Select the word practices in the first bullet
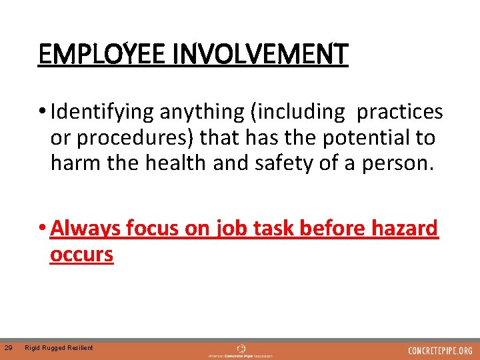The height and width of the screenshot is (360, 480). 400,112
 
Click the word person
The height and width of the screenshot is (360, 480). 403,163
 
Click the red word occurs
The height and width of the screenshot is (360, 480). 81,254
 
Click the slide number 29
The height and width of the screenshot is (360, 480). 8,347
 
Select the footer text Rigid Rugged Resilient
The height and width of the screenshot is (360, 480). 59,348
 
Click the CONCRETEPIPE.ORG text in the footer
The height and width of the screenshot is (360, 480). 440,350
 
